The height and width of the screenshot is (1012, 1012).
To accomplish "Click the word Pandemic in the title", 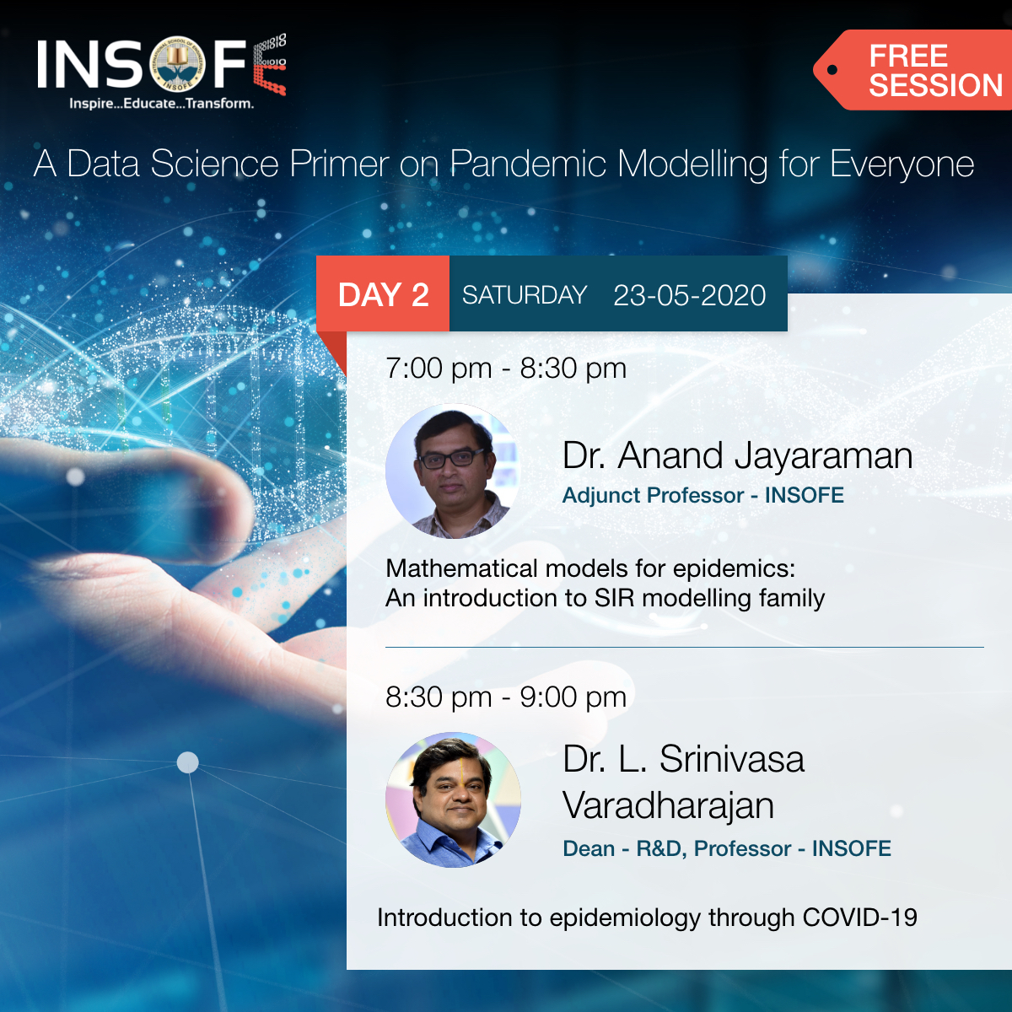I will click(x=528, y=164).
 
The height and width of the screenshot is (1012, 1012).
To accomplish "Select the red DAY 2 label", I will click(x=383, y=295).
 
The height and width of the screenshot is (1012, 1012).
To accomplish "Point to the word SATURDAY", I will click(x=524, y=295).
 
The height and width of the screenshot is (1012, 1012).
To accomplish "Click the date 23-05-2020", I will click(x=689, y=295).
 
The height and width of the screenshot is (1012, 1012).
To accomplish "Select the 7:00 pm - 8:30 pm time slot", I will click(x=506, y=369).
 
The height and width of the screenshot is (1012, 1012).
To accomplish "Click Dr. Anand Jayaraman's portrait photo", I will click(x=453, y=471).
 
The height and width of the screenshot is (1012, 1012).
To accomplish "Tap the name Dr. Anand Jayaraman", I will click(x=737, y=456).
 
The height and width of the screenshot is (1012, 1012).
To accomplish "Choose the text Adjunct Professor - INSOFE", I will click(x=702, y=495).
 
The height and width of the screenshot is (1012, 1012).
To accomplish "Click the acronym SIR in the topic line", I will click(x=614, y=598).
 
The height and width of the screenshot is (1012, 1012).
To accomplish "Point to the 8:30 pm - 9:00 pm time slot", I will click(x=506, y=697).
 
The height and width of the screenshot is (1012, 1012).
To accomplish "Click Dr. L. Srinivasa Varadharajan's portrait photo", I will click(x=453, y=799).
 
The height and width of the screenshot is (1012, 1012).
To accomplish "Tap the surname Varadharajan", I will click(x=668, y=805).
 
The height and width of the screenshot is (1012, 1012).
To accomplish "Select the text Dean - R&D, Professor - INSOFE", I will click(x=726, y=848).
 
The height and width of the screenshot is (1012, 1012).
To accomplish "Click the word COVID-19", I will click(x=859, y=918).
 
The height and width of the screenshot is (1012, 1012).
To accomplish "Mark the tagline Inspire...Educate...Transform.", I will click(x=161, y=104).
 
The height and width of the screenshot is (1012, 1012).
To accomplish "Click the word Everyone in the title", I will click(x=902, y=164).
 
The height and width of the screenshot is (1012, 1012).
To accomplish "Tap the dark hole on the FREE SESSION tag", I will click(x=832, y=70).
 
